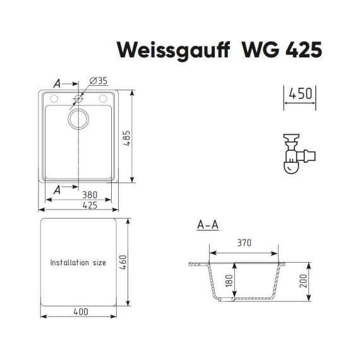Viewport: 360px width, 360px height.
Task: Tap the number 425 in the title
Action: tap(304, 50)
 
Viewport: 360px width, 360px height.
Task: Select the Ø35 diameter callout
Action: tap(99, 81)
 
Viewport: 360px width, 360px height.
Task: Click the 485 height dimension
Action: tap(126, 138)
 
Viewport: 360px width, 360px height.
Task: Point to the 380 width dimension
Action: tap(90, 195)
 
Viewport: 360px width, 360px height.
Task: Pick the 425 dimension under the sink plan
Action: tap(90, 205)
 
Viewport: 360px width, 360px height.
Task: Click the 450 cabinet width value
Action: tap(301, 93)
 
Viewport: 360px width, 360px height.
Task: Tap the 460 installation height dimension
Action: tap(123, 262)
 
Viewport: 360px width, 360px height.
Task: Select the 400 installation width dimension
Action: tap(81, 312)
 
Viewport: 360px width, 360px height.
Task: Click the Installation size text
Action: tap(78, 263)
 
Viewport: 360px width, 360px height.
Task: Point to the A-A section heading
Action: tap(208, 225)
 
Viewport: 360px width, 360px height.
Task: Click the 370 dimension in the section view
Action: tap(244, 243)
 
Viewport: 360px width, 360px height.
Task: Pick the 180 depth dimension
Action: tap(229, 280)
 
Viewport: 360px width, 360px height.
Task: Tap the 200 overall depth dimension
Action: tap(303, 280)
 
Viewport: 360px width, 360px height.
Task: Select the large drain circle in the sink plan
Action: tap(78, 119)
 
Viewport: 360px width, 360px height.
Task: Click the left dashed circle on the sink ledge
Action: tap(54, 99)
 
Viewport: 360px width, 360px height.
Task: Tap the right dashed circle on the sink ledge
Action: tap(103, 99)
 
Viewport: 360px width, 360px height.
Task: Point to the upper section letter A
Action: tap(57, 83)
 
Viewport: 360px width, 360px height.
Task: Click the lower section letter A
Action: tap(57, 189)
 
